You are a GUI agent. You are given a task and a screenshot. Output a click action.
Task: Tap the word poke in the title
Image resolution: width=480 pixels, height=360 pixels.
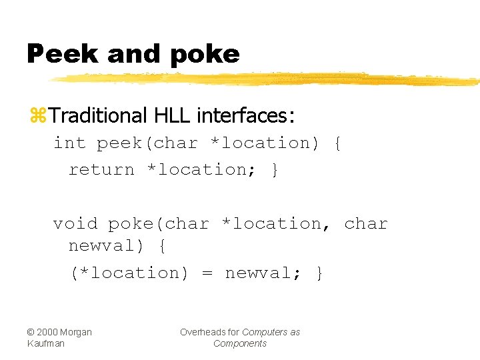click(x=205, y=55)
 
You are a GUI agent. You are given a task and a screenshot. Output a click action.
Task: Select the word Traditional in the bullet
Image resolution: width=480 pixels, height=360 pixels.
click(x=97, y=116)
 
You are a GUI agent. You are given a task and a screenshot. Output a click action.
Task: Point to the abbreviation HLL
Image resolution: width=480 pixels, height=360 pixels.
click(x=173, y=116)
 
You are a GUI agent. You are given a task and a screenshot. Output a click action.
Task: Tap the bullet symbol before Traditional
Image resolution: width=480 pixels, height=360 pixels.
click(x=37, y=117)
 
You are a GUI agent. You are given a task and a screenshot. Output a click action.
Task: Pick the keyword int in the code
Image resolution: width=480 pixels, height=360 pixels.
click(x=69, y=143)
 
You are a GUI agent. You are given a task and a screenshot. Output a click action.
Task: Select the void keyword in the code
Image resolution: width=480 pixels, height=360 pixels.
click(x=75, y=224)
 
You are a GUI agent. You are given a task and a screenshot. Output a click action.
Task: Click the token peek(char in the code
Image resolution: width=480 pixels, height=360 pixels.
click(x=147, y=143)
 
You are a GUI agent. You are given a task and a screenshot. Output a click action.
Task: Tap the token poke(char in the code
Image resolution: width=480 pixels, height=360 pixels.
click(x=159, y=224)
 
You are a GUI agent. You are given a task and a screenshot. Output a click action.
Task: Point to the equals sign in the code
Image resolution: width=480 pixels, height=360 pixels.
click(x=207, y=273)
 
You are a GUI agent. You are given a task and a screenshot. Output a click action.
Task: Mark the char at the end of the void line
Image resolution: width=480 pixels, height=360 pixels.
click(x=366, y=224)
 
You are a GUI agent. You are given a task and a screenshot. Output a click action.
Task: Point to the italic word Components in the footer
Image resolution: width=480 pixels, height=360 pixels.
click(x=240, y=343)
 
